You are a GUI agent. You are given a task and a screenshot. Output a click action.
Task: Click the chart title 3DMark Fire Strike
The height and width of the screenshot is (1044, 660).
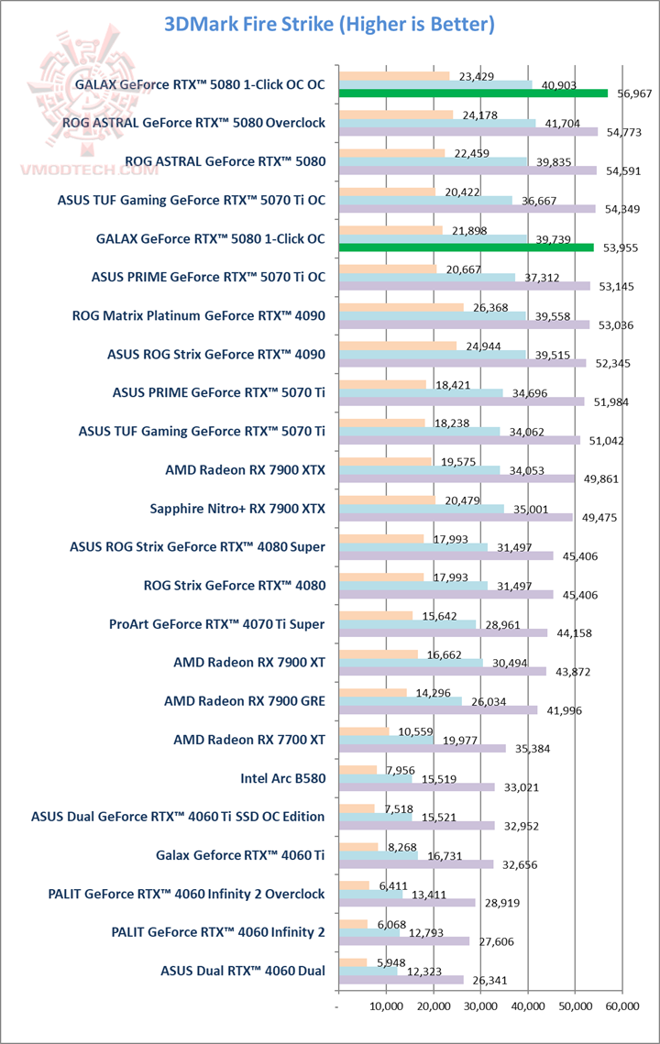coord(329,24)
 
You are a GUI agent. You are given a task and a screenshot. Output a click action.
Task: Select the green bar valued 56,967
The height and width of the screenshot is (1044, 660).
coord(473,93)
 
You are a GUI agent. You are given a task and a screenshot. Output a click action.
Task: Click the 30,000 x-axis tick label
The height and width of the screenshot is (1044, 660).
coord(480,1006)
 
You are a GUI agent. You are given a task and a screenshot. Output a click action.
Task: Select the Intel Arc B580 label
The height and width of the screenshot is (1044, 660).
coord(282,778)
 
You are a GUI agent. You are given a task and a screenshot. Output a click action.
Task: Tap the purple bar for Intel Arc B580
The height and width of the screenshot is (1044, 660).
coord(416,786)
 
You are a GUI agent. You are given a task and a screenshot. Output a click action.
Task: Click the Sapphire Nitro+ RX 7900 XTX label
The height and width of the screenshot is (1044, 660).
coord(237,508)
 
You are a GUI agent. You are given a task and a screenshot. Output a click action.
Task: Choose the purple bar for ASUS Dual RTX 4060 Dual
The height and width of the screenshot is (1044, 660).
coord(401,979)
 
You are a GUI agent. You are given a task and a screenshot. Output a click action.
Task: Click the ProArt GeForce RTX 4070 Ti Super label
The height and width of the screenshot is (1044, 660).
coord(216,624)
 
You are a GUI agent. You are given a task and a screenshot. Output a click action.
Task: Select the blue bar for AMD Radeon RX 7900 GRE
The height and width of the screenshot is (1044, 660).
coord(400,701)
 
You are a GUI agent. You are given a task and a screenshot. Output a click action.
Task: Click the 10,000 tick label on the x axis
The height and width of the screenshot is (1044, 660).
coord(385,1006)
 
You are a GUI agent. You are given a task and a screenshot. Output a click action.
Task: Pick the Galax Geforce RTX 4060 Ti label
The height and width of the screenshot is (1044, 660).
coord(241,855)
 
